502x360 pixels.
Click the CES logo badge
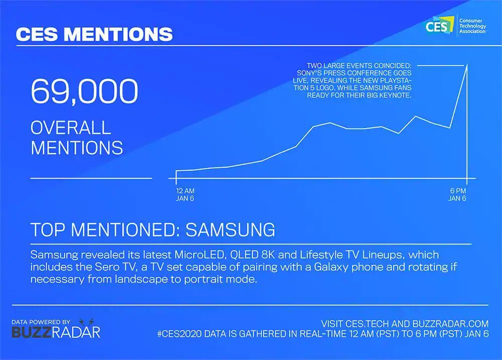pos(440,25)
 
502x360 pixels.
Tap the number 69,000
pos(84,91)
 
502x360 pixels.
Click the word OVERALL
pos(71,128)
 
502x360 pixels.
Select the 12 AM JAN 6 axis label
pos(185,194)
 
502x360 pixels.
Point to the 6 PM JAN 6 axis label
pos(457,194)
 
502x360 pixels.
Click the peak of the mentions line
pos(467,64)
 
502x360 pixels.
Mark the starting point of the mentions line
pos(176,171)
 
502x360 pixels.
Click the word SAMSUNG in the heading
pos(230,229)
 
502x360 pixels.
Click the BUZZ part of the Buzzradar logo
pos(31,332)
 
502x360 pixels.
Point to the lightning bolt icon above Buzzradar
pos(86,321)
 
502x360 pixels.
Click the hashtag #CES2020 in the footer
pos(179,334)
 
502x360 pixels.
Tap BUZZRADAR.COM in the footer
pos(450,323)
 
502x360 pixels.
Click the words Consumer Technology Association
pos(472,26)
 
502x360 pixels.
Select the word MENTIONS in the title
pos(118,34)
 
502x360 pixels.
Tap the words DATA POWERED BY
pos(41,322)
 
